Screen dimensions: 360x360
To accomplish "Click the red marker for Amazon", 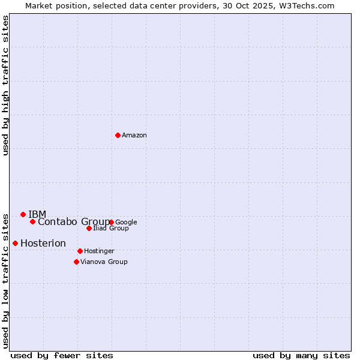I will click(x=118, y=135).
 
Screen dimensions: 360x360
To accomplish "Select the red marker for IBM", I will click(x=23, y=214).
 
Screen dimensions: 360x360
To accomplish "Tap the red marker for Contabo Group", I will click(x=32, y=221).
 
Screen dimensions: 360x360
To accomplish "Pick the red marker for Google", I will click(x=111, y=222).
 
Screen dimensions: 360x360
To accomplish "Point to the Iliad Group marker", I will click(x=89, y=228).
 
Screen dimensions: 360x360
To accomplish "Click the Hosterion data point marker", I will click(x=15, y=243).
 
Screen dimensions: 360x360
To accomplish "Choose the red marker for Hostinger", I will click(x=80, y=251).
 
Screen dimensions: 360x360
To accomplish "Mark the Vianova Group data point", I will click(x=76, y=262).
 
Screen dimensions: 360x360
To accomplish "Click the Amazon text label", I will click(x=134, y=136).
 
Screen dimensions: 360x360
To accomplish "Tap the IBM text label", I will click(x=37, y=214).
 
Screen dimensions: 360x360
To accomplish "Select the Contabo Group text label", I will click(x=74, y=222).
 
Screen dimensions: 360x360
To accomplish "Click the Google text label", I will click(x=126, y=223).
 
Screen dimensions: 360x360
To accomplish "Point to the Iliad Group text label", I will click(x=111, y=229).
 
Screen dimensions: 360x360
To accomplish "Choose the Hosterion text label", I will click(x=43, y=243).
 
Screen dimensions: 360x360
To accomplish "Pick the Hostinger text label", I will click(x=99, y=251).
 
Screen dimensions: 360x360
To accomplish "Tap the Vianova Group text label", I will click(x=104, y=262).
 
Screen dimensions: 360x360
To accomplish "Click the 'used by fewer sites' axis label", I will click(x=62, y=355).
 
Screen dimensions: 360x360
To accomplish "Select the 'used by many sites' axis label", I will click(x=301, y=355).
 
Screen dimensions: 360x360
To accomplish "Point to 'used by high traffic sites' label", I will click(x=6, y=85).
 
